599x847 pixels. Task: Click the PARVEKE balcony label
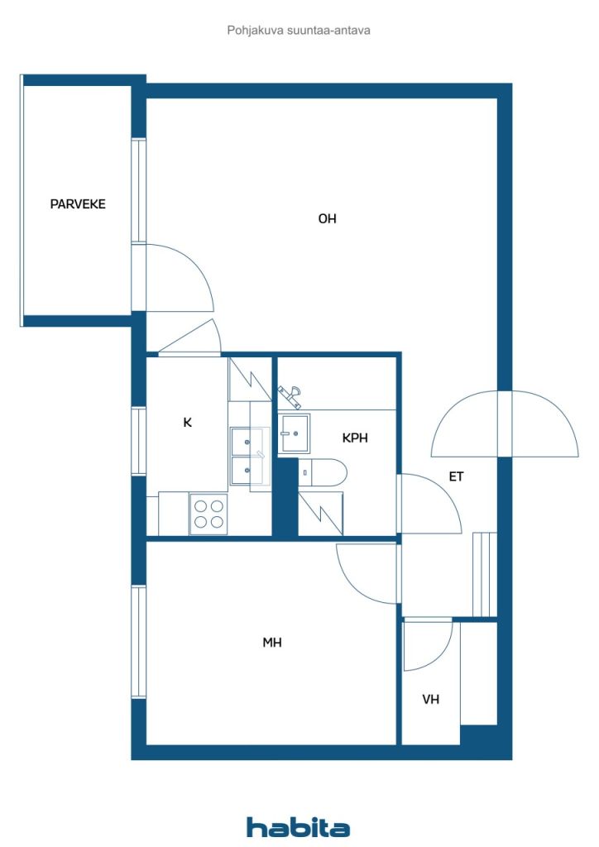pos(78,204)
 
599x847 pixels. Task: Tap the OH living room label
pos(328,219)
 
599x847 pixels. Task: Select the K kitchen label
pos(188,423)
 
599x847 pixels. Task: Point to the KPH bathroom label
pos(355,438)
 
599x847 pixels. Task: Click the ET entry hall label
pos(456,476)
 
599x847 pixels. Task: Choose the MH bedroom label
pos(273,642)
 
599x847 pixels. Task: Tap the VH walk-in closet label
pos(430,700)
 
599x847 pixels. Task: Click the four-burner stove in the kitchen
pos(208,514)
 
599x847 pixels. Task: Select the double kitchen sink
pos(249,456)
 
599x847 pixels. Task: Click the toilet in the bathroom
pos(326,471)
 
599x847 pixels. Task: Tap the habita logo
pos(298,827)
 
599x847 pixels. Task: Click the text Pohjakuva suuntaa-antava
pos(299,31)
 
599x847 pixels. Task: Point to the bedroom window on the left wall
pos(139,642)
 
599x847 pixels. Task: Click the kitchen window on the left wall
pos(139,442)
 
